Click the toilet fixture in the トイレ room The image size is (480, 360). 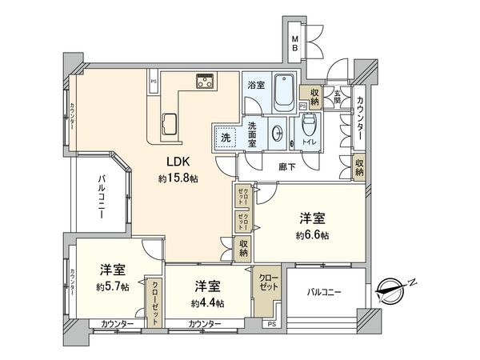(x=310, y=127)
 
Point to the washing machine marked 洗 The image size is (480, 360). (x=226, y=138)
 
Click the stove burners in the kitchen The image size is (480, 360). (x=206, y=81)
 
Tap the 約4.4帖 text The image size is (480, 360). (x=207, y=303)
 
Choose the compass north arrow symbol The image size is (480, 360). (x=395, y=288)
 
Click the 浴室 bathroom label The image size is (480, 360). (x=255, y=84)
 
